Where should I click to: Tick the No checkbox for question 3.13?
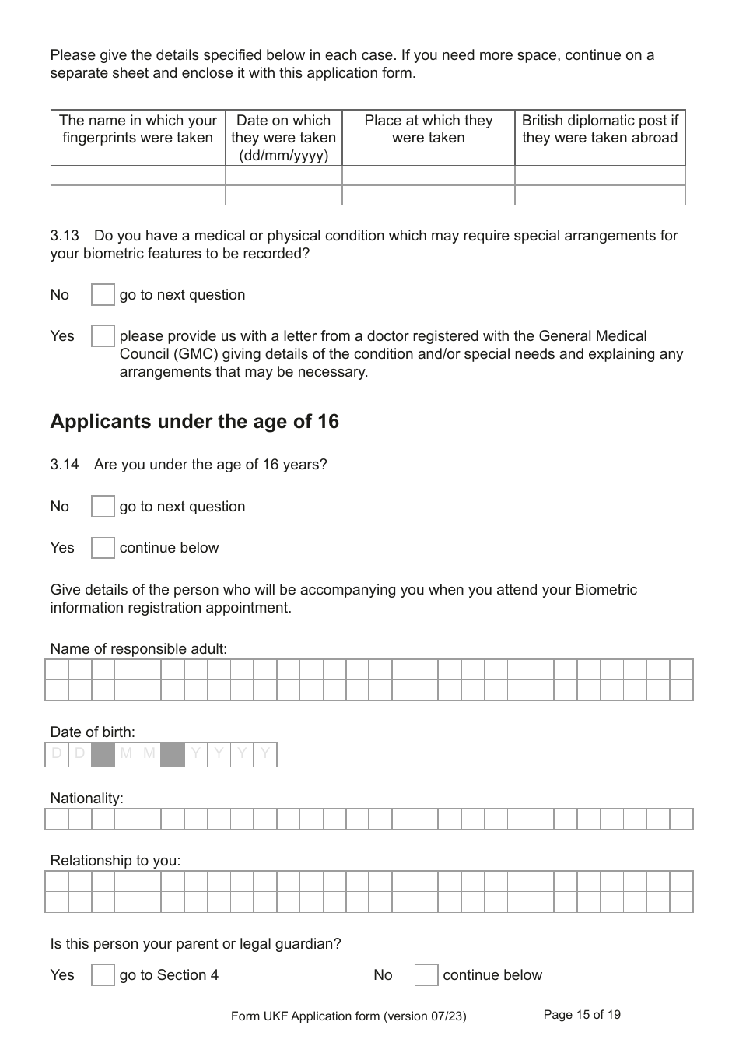[x=103, y=295]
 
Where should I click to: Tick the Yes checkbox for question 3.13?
[x=103, y=336]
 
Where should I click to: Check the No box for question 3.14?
[x=103, y=507]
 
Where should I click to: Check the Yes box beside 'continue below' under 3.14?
[x=103, y=548]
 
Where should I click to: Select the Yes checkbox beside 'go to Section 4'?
[x=103, y=975]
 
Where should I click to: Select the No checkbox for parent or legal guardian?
[x=426, y=975]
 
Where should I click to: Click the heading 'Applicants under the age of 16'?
[x=194, y=422]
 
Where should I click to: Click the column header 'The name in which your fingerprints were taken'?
[x=138, y=129]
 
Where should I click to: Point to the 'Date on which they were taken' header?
[x=283, y=138]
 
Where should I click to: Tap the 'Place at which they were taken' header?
[x=428, y=129]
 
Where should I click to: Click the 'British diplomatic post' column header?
[x=600, y=129]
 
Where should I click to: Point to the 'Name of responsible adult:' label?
[x=138, y=649]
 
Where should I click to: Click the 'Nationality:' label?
[x=86, y=799]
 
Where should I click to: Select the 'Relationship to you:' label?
[x=115, y=861]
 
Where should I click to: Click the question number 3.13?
[x=65, y=236]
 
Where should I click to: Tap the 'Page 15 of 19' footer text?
[x=582, y=1015]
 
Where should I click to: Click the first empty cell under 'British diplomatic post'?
[x=600, y=175]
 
